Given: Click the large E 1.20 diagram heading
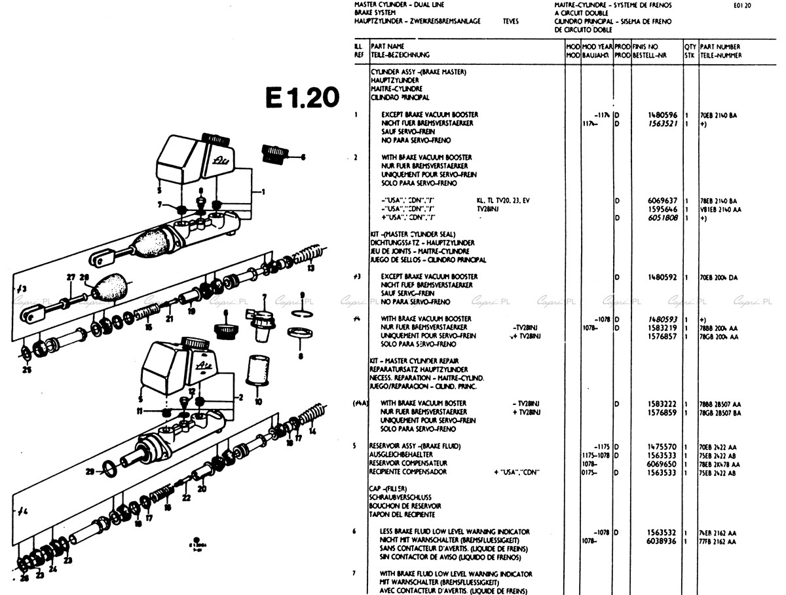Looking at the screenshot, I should (302, 97).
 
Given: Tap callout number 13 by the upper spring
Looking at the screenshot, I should (311, 267).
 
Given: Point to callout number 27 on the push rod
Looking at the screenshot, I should (70, 277).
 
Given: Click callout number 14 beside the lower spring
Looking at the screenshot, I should (312, 431).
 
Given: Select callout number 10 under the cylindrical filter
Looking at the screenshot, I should (258, 401).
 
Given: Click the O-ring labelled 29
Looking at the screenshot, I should (113, 468).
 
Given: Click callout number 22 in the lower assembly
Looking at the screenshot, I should (187, 498).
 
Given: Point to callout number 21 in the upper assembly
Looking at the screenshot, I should (169, 319).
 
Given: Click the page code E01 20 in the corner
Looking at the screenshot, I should (743, 5).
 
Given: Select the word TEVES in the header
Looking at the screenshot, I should (510, 21).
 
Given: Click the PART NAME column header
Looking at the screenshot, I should (387, 47).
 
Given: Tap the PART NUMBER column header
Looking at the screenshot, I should (720, 47).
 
